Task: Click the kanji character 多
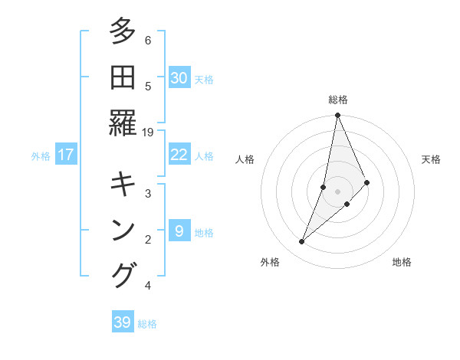123,32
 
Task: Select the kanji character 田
123,77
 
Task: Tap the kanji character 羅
123,123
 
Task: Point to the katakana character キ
123,185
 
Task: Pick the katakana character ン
123,230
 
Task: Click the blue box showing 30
179,77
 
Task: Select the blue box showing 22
179,155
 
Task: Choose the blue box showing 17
66,155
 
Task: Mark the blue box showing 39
123,322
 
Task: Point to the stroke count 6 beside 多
148,40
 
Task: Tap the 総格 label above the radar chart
338,100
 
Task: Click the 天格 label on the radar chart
432,159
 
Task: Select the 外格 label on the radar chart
270,262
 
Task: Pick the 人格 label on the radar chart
245,159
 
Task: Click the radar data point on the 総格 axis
337,116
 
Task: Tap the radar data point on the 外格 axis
302,241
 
